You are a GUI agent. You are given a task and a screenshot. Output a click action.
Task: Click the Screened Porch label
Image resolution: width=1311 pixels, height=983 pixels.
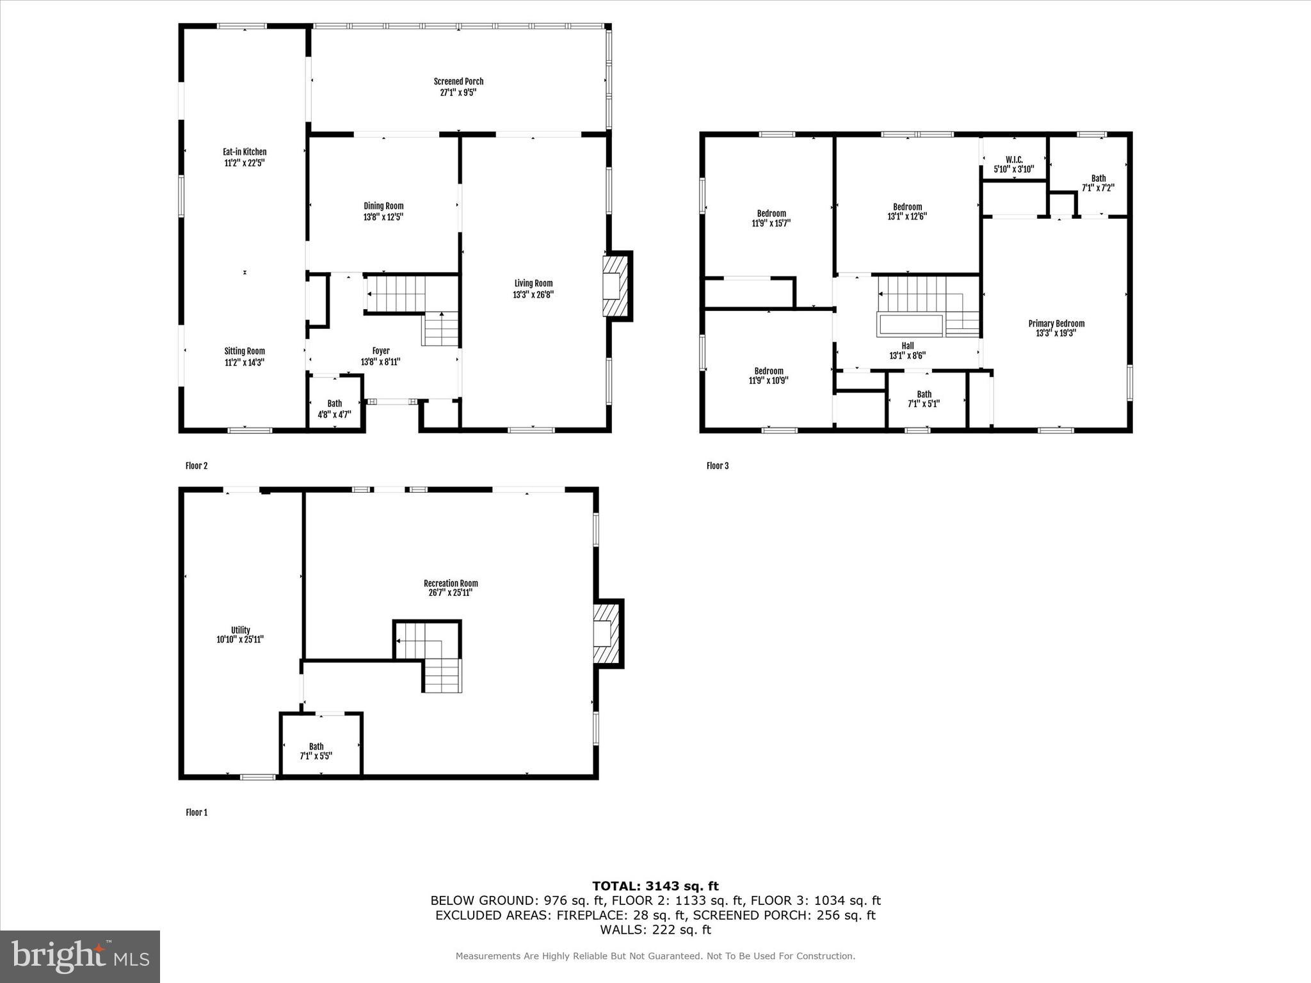click(458, 81)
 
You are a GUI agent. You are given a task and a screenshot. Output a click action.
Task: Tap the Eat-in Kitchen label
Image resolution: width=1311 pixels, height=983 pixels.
click(245, 152)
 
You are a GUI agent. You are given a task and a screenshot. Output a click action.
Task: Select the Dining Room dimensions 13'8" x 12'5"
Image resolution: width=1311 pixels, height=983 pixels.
click(383, 217)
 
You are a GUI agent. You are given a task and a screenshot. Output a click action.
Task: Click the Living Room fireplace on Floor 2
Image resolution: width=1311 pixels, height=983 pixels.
click(614, 286)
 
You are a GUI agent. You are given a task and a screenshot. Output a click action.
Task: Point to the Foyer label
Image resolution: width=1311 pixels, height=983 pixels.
click(381, 351)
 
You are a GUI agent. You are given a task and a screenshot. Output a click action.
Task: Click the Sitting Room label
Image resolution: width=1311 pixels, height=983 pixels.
click(245, 351)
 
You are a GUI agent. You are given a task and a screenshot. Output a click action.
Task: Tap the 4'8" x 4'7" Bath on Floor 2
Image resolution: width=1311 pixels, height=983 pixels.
click(335, 409)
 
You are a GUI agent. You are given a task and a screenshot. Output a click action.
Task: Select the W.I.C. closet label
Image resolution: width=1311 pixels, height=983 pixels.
click(1014, 159)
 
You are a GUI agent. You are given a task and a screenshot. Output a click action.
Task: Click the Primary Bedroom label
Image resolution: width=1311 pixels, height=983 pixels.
click(1056, 323)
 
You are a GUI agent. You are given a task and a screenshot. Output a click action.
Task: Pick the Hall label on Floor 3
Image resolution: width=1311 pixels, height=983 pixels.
click(908, 346)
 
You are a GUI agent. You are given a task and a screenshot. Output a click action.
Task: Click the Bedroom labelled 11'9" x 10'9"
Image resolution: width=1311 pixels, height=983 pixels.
click(769, 376)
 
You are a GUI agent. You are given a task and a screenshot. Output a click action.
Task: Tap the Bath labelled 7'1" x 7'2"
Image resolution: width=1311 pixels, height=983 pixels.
click(1098, 183)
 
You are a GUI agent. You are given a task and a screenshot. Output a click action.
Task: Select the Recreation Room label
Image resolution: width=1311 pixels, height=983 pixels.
click(451, 583)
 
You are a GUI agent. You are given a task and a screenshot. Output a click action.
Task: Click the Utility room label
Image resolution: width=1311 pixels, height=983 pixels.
click(241, 630)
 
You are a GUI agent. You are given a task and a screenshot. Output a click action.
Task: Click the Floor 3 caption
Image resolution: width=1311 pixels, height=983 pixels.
click(718, 465)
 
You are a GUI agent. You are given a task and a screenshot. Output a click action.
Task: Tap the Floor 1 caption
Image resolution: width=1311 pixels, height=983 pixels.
click(197, 812)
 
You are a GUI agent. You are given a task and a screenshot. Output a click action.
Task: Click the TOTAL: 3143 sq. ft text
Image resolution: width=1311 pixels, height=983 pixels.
click(655, 886)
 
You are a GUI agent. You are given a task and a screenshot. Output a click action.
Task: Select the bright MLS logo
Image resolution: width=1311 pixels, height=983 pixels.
click(80, 956)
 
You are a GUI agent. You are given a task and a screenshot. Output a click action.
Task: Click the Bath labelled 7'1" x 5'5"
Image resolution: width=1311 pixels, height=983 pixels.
click(316, 751)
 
